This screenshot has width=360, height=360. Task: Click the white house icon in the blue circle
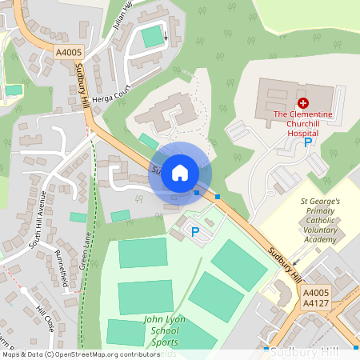pyautogui.click(x=180, y=173)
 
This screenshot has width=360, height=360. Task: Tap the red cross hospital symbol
pyautogui.click(x=303, y=103)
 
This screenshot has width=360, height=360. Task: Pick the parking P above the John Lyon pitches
pyautogui.click(x=194, y=231)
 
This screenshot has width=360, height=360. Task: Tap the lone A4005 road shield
pyautogui.click(x=69, y=51)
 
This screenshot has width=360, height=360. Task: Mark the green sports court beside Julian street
pyautogui.click(x=151, y=36)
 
